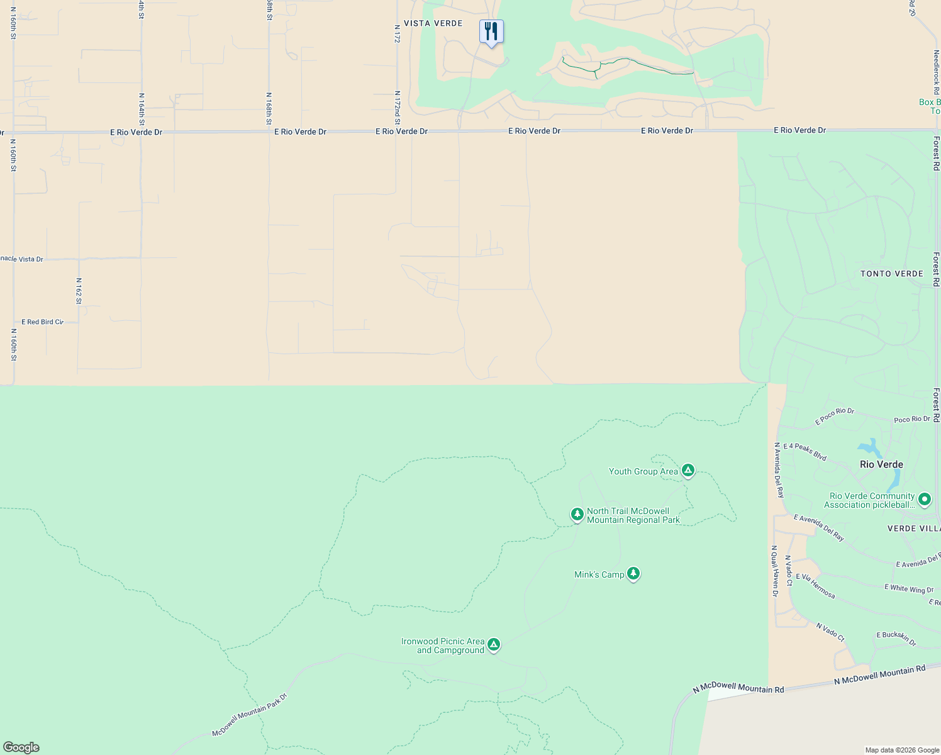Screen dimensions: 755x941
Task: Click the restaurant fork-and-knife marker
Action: [x=491, y=31]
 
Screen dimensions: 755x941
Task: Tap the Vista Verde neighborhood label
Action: [x=433, y=23]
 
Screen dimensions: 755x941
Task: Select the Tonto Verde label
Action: [x=891, y=274]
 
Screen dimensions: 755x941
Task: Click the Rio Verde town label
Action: [x=881, y=464]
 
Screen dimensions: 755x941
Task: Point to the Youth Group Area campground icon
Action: [x=688, y=471]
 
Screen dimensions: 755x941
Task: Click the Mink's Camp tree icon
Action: [x=633, y=573]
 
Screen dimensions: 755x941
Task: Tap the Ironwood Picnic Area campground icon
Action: [x=494, y=644]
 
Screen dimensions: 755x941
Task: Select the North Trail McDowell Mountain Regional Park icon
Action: [x=577, y=514]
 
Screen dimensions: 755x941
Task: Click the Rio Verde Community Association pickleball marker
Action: [x=924, y=500]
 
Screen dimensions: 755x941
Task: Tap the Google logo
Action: [x=21, y=747]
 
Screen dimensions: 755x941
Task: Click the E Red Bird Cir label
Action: [x=43, y=322]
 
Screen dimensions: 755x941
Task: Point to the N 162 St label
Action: [x=79, y=291]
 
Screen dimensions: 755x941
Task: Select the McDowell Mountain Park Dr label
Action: [x=249, y=715]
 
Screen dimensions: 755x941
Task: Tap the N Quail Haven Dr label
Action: [x=775, y=571]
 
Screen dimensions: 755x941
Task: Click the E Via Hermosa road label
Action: [x=816, y=586]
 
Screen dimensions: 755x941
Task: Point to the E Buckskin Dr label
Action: [x=896, y=639]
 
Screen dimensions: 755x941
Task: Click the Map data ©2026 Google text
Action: [x=902, y=750]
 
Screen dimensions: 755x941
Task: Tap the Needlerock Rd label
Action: [x=936, y=72]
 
